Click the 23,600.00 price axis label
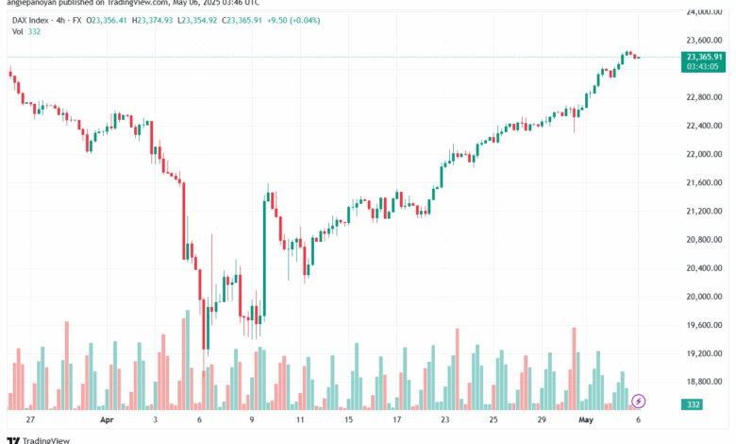[705, 40]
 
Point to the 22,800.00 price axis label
[705, 97]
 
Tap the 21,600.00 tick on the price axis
[705, 182]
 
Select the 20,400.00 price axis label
[705, 268]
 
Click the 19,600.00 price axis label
[705, 325]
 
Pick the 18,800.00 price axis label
[705, 382]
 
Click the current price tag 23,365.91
[705, 57]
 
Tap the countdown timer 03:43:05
[705, 66]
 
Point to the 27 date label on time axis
[30, 418]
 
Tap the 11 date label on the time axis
[299, 418]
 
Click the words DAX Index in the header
[32, 19]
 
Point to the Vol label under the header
[18, 32]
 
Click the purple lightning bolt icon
[639, 401]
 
